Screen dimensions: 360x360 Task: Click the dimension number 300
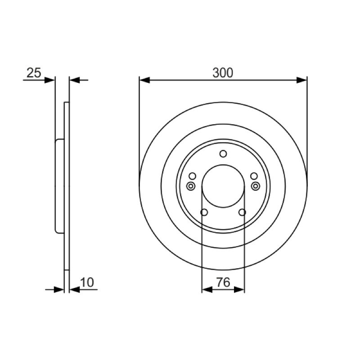tap(222, 73)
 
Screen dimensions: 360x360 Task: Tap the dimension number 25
tap(34, 73)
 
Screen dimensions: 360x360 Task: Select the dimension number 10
tap(87, 282)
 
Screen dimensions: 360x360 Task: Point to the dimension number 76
tap(223, 282)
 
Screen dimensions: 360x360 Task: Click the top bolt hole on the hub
tap(223, 153)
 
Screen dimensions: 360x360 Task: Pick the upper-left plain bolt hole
tap(193, 176)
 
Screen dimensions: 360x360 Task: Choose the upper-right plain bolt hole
tap(254, 176)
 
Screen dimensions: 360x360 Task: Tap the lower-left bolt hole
tap(204, 212)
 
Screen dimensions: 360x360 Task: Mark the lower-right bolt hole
tap(242, 212)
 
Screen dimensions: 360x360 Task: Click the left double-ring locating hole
tap(191, 186)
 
